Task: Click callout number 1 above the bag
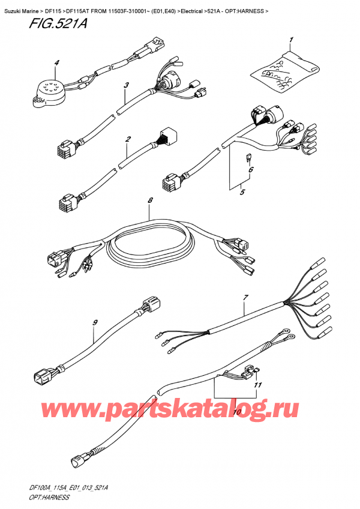pyautogui.click(x=291, y=41)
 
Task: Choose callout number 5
pyautogui.click(x=241, y=192)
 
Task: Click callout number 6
pyautogui.click(x=251, y=170)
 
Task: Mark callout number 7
pyautogui.click(x=245, y=297)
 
